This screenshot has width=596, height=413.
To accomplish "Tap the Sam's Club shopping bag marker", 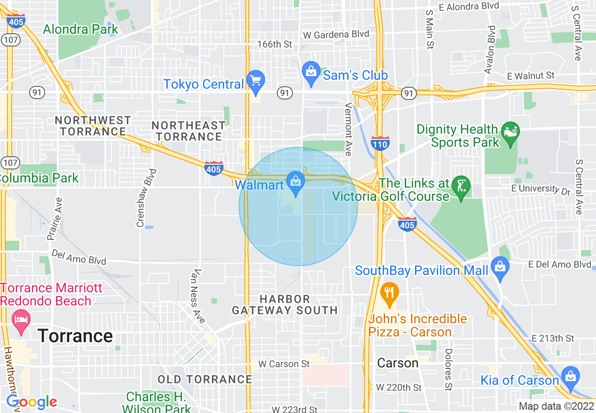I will pyautogui.click(x=311, y=72).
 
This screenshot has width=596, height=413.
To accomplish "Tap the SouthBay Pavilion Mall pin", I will pyautogui.click(x=500, y=268).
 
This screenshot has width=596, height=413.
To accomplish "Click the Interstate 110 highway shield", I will pyautogui.click(x=380, y=143).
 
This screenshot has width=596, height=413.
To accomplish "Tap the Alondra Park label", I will pyautogui.click(x=81, y=29).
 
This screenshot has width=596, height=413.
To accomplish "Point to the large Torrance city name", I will pyautogui.click(x=75, y=336).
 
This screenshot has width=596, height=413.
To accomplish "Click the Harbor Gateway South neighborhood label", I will pyautogui.click(x=285, y=305).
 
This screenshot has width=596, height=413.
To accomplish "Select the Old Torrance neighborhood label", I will pyautogui.click(x=205, y=379).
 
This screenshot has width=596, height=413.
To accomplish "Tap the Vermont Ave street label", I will pyautogui.click(x=348, y=129).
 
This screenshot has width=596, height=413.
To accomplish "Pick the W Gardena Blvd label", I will pyautogui.click(x=336, y=34).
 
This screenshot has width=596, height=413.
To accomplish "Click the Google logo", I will pyautogui.click(x=31, y=402).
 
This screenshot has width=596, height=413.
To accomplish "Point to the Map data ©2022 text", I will pyautogui.click(x=556, y=406).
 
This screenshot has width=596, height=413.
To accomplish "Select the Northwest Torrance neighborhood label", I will pyautogui.click(x=93, y=126).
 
